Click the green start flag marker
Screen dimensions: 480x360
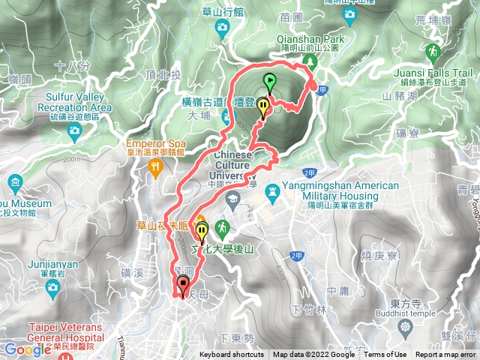pyautogui.click(x=269, y=81)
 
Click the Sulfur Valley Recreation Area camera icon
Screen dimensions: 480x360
pyautogui.click(x=73, y=132)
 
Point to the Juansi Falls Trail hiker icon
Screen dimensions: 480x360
pyautogui.click(x=431, y=51)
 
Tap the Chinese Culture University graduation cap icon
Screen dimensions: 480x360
pyautogui.click(x=233, y=199)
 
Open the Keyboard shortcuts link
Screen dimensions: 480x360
pyautogui.click(x=232, y=355)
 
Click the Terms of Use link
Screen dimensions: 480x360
pyautogui.click(x=385, y=355)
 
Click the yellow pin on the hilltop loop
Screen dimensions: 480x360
pyautogui.click(x=262, y=107)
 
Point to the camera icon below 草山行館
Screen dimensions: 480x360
pyautogui.click(x=222, y=28)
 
